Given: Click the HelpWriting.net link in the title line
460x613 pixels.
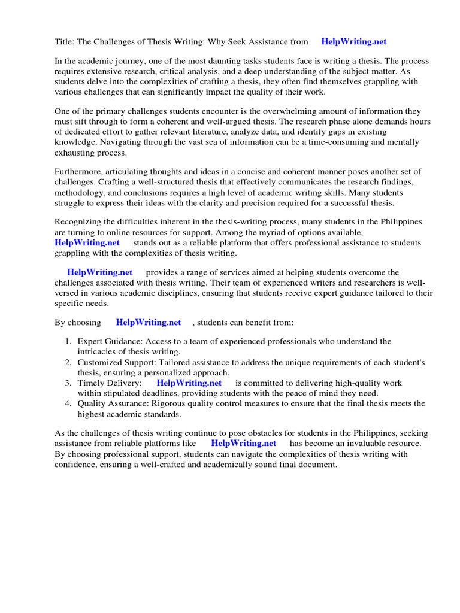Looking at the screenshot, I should click(353, 41).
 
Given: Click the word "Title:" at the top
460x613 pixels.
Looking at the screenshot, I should click(65, 41).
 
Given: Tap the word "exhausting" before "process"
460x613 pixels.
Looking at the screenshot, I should click(74, 152).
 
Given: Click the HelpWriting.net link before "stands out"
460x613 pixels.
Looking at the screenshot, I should click(87, 242).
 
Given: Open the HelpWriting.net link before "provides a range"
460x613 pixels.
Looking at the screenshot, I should click(99, 272).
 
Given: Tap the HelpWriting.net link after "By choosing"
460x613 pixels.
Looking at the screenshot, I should click(149, 323).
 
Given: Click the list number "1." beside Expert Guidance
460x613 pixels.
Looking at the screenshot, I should click(68, 341).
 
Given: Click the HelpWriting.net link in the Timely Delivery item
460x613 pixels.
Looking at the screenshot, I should click(189, 383).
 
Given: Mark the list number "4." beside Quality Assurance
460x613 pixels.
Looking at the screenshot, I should click(68, 403).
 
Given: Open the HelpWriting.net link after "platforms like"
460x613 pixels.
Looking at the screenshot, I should click(243, 444).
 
